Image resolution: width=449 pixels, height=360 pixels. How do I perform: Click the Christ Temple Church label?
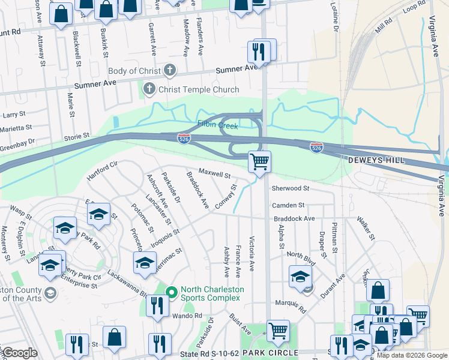pyautogui.click(x=198, y=90)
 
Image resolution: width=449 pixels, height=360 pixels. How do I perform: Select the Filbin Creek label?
pyautogui.click(x=218, y=126)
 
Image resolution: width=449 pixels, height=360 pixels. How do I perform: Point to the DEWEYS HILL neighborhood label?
pyautogui.click(x=376, y=161)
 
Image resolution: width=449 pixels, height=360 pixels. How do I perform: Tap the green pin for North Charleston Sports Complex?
pyautogui.click(x=171, y=293)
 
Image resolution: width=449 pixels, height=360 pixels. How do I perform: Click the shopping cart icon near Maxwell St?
pyautogui.click(x=259, y=161)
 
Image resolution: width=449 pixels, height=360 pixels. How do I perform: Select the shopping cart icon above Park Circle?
pyautogui.click(x=278, y=331)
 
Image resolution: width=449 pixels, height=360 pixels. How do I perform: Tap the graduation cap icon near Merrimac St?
pyautogui.click(x=145, y=263)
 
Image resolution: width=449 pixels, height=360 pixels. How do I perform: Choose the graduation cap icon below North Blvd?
pyautogui.click(x=301, y=277)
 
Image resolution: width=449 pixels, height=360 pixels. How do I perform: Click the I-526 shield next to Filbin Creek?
pyautogui.click(x=184, y=139)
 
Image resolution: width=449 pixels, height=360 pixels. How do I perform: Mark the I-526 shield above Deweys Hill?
pyautogui.click(x=317, y=147)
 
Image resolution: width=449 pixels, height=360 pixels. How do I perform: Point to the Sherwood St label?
pyautogui.click(x=290, y=188)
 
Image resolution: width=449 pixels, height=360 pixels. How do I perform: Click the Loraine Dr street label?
pyautogui.click(x=334, y=19)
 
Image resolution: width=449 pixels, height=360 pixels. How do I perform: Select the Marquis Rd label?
pyautogui.click(x=292, y=307)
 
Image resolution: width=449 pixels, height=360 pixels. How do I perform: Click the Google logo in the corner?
pyautogui.click(x=20, y=353)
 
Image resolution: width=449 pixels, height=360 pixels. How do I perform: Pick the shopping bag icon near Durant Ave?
pyautogui.click(x=378, y=291)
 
